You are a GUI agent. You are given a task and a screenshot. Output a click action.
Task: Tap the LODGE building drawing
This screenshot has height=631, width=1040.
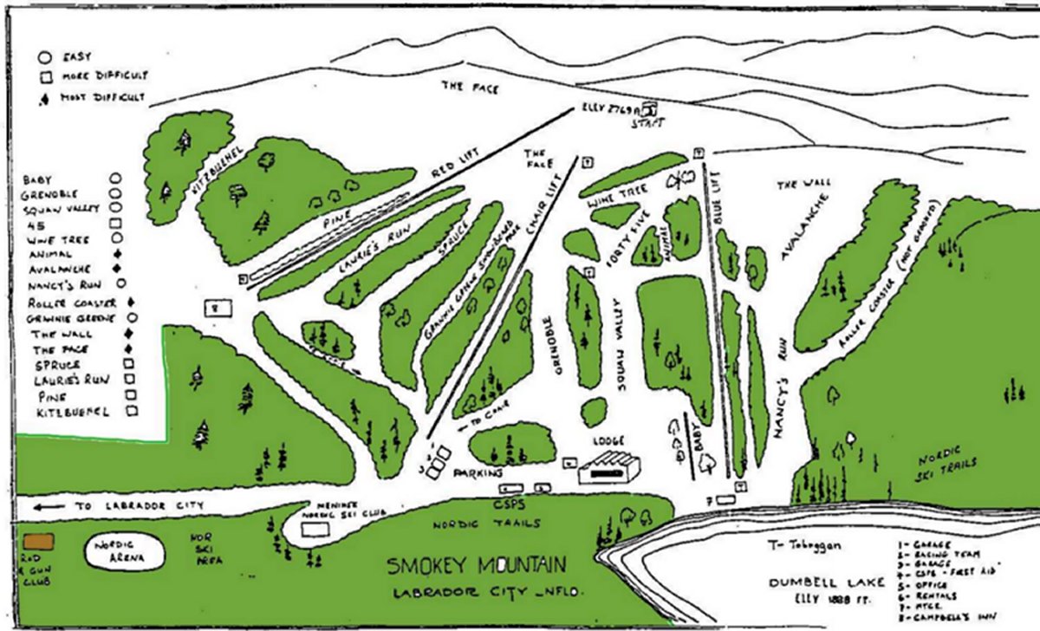(610, 467)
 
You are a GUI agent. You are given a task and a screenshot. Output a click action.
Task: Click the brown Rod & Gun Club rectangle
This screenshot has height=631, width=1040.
(39, 542)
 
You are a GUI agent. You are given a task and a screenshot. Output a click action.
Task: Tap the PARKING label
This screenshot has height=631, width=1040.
(478, 474)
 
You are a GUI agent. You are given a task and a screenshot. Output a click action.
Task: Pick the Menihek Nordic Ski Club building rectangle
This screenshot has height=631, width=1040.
(315, 528)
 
